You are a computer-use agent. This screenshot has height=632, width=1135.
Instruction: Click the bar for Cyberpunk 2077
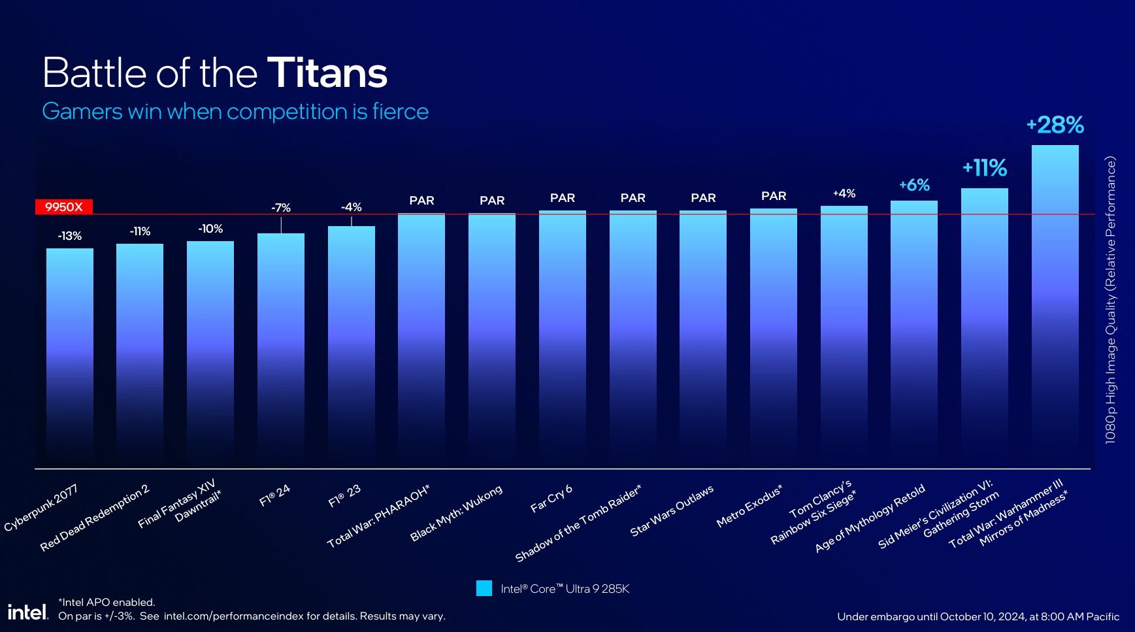pos(69,356)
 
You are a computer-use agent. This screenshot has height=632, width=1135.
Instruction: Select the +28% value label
pos(1055,125)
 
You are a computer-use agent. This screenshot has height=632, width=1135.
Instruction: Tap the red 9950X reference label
pos(63,207)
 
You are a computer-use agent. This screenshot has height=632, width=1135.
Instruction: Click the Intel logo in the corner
pos(27,612)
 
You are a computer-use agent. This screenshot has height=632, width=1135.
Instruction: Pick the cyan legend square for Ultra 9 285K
pos(484,588)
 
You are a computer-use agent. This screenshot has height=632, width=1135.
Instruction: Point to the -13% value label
pos(69,236)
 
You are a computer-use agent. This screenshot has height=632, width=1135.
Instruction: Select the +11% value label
pos(984,168)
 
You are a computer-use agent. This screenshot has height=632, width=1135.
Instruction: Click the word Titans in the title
pos(327,73)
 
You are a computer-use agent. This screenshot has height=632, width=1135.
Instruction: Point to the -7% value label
pos(280,208)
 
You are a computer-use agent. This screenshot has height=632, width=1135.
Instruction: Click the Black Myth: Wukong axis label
pos(456,513)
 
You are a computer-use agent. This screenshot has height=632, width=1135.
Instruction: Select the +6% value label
pos(913,185)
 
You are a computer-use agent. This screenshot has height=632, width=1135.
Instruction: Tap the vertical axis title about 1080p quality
pos(1110,301)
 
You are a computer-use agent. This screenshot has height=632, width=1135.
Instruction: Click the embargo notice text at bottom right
pos(978,616)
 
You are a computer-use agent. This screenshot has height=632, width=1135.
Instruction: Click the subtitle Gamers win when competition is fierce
pos(235,112)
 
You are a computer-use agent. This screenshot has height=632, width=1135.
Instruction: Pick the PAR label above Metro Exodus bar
pos(773,196)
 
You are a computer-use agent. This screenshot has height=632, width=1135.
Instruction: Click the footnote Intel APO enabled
pos(107,602)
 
